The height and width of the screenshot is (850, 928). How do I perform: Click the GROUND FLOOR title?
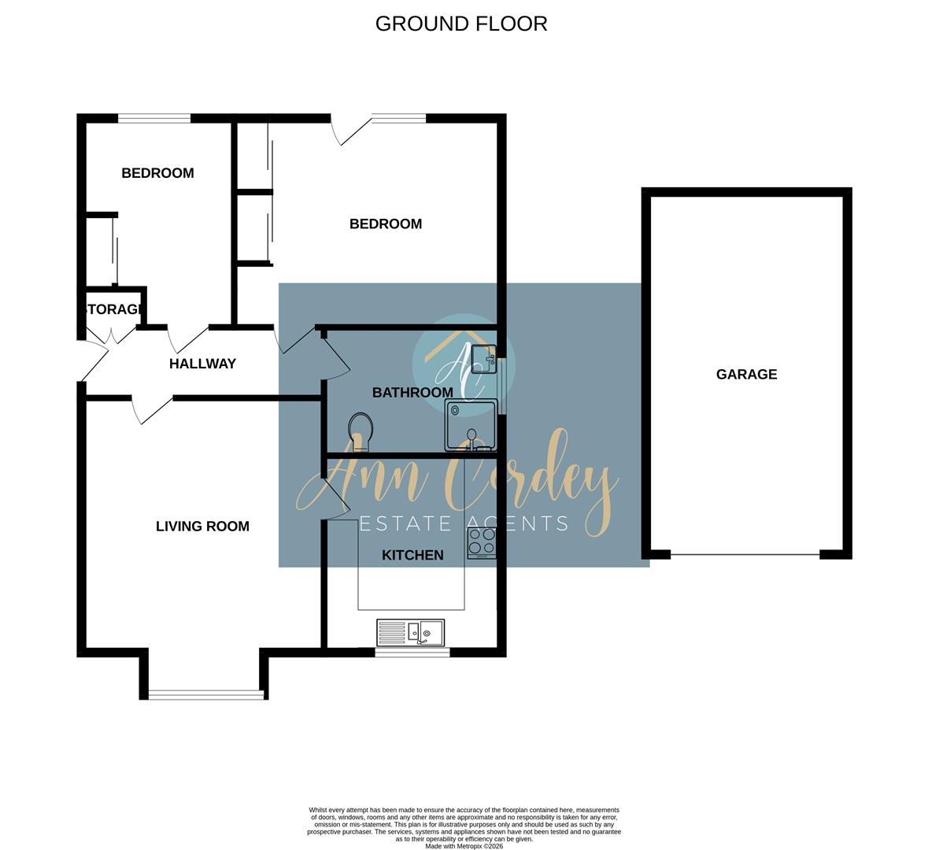pos(461,24)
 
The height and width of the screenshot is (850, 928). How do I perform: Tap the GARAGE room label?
pos(746,375)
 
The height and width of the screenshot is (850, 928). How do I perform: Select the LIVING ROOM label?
pos(202,527)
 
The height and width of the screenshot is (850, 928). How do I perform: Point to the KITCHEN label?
pos(412,556)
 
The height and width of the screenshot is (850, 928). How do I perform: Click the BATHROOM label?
pos(412,392)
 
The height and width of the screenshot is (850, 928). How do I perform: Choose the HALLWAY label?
pos(202,364)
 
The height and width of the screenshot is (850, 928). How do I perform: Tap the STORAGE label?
pos(113,309)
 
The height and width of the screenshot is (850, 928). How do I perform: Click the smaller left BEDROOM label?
pos(157,173)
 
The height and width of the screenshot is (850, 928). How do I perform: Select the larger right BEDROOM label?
pos(386,224)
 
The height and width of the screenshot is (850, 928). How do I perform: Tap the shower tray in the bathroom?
pos(471,425)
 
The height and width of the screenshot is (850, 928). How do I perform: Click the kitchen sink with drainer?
pos(410,631)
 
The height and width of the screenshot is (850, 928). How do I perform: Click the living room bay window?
pos(205,694)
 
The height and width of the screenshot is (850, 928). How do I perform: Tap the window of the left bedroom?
pos(154,119)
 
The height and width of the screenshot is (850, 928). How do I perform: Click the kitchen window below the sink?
pos(412,652)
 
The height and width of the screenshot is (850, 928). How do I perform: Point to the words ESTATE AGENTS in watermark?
pos(464,523)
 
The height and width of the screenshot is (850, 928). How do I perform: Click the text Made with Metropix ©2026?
pos(464,846)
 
